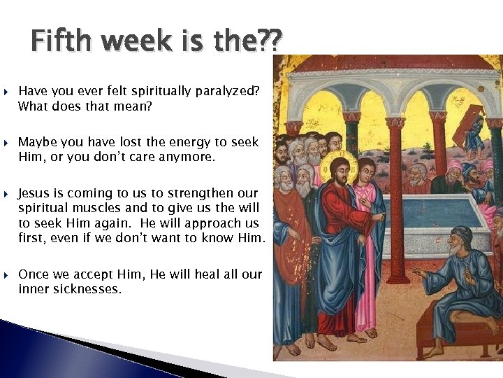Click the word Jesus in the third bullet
(x=34, y=192)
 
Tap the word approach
(x=210, y=223)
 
